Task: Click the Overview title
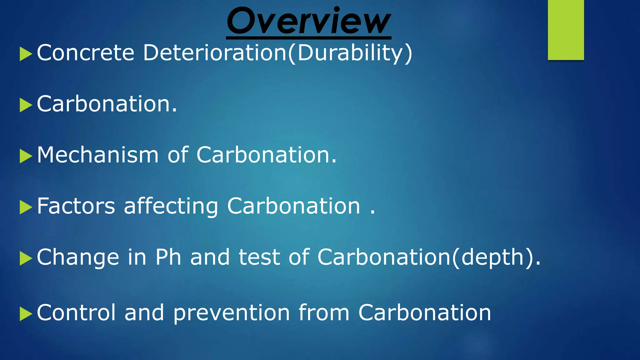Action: pos(309,21)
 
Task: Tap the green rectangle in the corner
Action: pos(566,30)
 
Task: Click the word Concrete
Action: pos(86,52)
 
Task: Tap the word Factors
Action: pos(76,206)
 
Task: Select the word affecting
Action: pos(171,207)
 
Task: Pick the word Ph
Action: pos(168,257)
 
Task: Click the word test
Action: pos(259,257)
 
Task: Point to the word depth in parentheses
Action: pos(492,258)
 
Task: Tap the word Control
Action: pos(76,312)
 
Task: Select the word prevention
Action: pos(232,313)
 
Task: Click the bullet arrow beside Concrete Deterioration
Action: pos(26,54)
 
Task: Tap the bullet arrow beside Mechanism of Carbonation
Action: pos(26,156)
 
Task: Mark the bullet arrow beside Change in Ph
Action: pos(26,258)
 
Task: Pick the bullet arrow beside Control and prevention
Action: pos(26,314)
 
